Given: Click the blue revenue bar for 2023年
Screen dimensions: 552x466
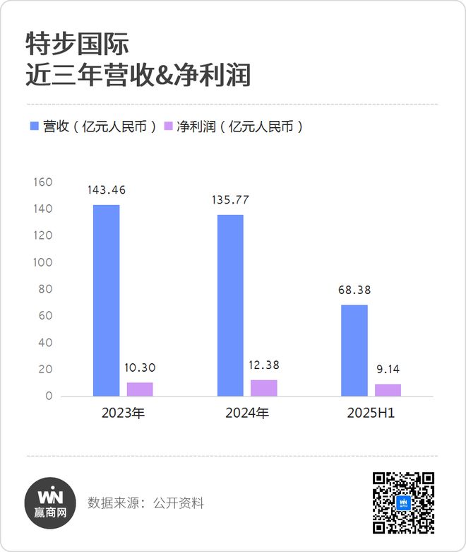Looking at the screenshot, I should coord(106,300).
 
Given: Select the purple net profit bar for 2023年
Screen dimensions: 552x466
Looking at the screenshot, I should coord(140,389).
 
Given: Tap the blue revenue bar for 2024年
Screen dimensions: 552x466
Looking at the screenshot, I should coord(230,305).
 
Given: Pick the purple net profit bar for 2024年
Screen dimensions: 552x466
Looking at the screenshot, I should coord(264,387).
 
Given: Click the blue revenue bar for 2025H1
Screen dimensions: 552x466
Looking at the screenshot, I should coord(354,350).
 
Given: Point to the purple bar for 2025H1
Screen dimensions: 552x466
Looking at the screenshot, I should coord(388,389).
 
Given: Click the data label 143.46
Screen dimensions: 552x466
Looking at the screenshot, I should coord(107,190).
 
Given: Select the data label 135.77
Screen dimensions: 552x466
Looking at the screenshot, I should coord(230,200).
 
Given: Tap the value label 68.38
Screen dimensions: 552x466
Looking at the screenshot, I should coord(354,290).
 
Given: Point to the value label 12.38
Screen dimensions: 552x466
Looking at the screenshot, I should coord(264,365).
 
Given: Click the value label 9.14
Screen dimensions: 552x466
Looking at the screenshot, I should coord(388,368).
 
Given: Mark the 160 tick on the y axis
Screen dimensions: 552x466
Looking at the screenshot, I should coord(44,182).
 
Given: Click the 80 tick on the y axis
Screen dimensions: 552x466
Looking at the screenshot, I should coord(46,289).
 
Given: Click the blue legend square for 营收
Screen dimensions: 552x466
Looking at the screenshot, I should coord(34,127).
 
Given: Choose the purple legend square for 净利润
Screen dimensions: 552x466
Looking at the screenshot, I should coord(168,127).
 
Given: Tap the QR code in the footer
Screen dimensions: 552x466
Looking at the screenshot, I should coord(403,503).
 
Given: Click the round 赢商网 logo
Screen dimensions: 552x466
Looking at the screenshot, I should coord(50,503).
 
